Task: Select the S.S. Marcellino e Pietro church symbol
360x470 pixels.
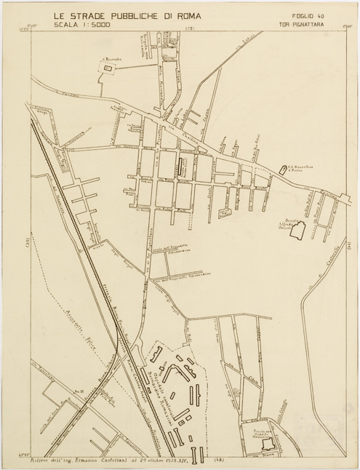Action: coord(282,170)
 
